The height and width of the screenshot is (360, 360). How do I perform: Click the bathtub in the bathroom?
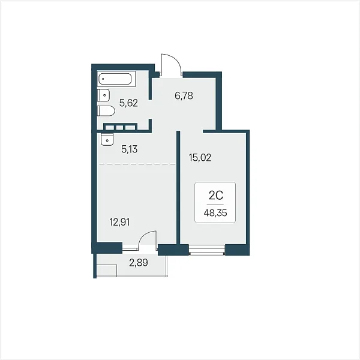coord(116,79)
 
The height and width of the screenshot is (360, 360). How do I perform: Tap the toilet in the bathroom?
coord(106,110)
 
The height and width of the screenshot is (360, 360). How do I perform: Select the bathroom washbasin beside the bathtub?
coord(103,95)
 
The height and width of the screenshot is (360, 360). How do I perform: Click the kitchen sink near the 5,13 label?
coord(107,139)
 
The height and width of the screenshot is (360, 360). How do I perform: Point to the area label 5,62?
coord(128,103)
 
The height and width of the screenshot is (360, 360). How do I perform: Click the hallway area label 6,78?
coord(184,95)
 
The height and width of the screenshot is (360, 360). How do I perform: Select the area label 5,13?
coord(129,149)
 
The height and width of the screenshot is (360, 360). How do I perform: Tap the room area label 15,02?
coord(200,157)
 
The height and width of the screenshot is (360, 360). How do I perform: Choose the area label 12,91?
coord(119,222)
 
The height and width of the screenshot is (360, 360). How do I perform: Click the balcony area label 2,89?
coord(139,262)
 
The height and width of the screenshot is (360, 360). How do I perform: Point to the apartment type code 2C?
coord(216,196)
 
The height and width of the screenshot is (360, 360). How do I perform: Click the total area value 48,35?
coord(215,213)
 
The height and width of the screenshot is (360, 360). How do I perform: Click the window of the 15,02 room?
coord(207,250)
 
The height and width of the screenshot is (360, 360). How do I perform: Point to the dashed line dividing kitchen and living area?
coord(137,164)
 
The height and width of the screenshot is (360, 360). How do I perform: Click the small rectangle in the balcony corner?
coord(107,271)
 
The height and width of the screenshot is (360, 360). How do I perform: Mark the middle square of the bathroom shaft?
coord(120,127)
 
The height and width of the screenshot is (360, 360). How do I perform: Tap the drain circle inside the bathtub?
coord(103,79)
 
